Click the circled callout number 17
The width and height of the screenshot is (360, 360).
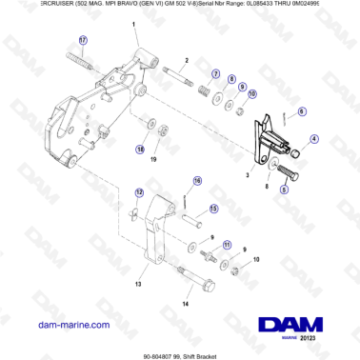(x=82, y=41)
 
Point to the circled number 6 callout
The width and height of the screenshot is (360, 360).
(x=303, y=111)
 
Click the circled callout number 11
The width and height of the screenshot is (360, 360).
(x=227, y=245)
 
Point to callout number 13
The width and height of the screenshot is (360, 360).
(x=138, y=283)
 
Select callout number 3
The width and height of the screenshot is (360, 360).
(x=246, y=177)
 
